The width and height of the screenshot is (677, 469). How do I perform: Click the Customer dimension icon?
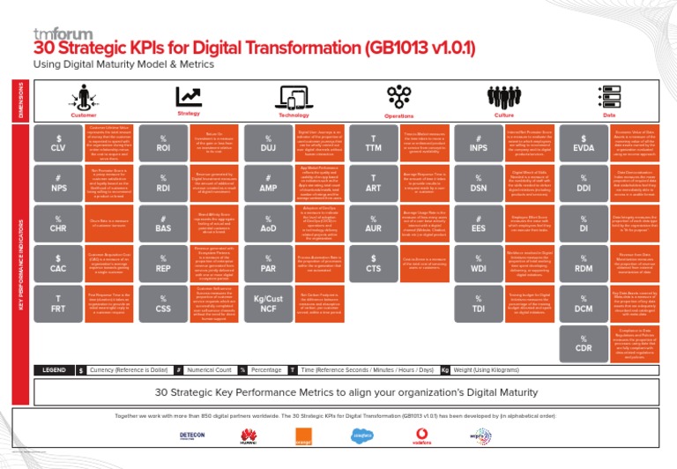pos(84,98)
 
